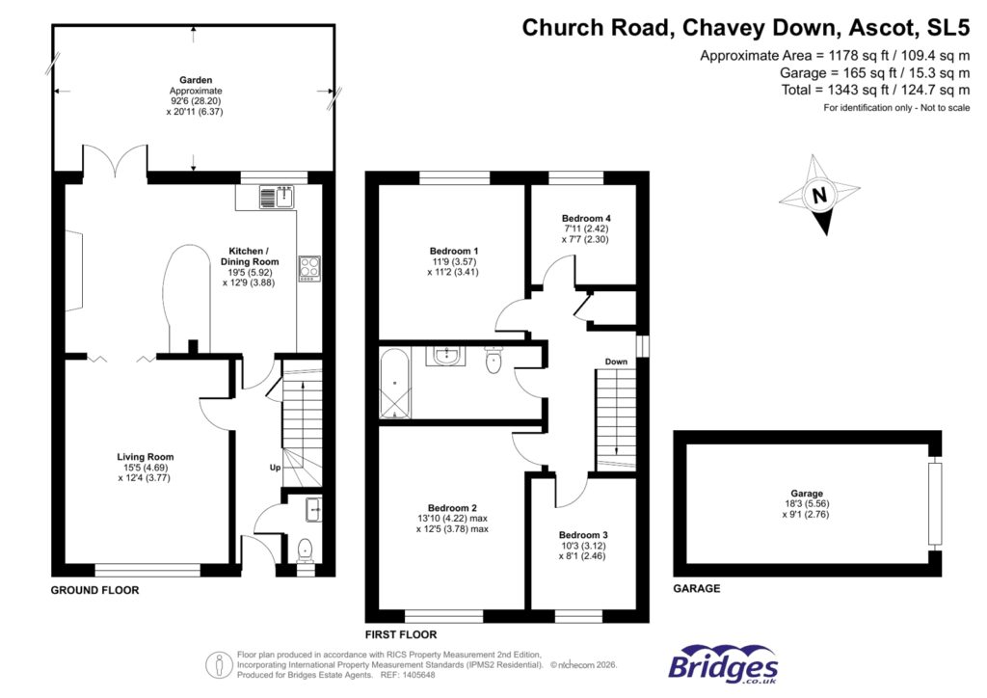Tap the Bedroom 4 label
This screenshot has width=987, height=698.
pos(587,219)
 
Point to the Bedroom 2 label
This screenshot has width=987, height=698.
pos(453,507)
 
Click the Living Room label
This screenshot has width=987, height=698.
pos(146,457)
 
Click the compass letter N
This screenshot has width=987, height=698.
pos(819,196)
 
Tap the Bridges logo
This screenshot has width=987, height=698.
pos(723,665)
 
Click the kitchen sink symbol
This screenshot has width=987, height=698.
pos(278,198)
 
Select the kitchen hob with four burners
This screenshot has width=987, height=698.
pos(309,267)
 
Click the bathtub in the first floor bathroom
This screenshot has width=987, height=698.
pos(395,384)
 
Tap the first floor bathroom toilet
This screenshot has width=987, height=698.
pos(493,361)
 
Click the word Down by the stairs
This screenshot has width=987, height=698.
pos(616,362)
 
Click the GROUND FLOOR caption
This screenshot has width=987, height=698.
pos(94,590)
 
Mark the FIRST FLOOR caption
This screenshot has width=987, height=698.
pos(400,635)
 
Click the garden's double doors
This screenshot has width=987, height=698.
pos(115,162)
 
